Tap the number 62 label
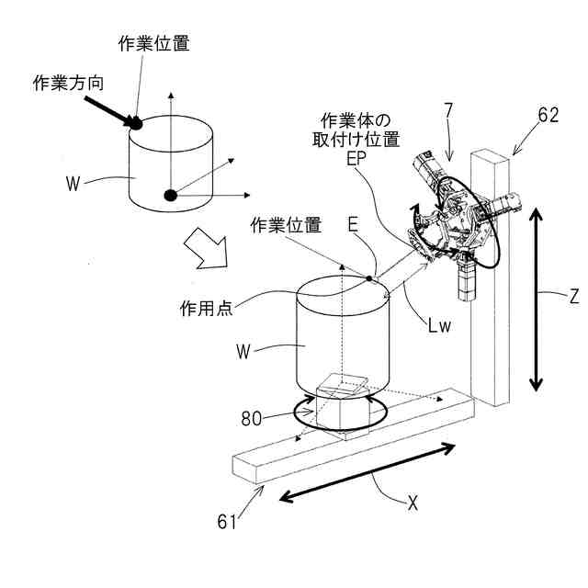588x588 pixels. (x=548, y=115)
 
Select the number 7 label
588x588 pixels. (x=447, y=110)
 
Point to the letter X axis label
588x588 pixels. (x=413, y=503)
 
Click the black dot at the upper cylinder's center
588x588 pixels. (x=169, y=194)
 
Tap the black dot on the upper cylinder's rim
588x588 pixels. (x=135, y=121)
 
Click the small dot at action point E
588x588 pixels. (x=369, y=277)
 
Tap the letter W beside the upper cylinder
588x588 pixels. (x=74, y=181)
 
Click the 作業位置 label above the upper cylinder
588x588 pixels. (x=154, y=43)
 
